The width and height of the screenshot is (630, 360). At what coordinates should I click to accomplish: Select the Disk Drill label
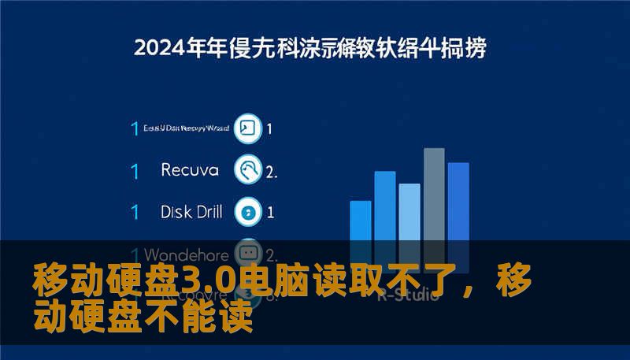pyautogui.click(x=191, y=211)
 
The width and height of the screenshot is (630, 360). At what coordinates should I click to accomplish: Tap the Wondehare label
pyautogui.click(x=187, y=254)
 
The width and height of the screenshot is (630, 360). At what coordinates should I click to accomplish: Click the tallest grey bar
pyautogui.click(x=434, y=197)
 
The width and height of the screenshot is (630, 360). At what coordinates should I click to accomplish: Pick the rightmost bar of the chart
pyautogui.click(x=458, y=205)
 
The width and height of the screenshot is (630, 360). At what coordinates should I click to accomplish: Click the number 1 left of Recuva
pyautogui.click(x=135, y=170)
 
